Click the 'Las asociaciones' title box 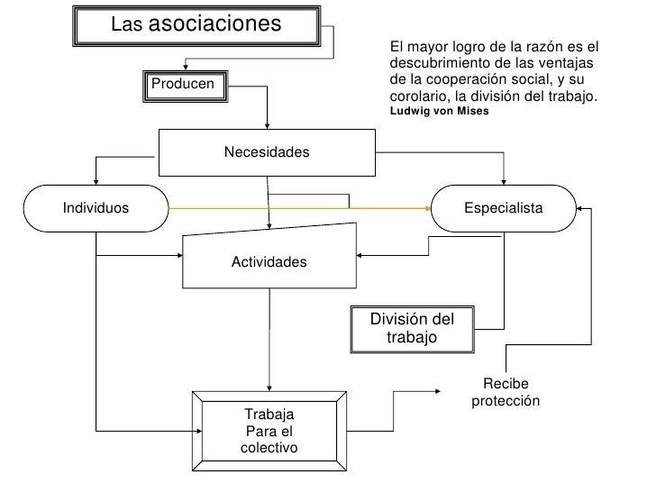[196, 24]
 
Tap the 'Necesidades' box [267, 151]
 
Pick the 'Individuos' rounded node [96, 208]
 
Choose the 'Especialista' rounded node [503, 208]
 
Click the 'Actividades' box [269, 261]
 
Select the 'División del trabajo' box [411, 328]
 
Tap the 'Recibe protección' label [506, 392]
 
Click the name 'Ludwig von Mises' [439, 113]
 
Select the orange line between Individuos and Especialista [297, 208]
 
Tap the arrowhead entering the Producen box [185, 65]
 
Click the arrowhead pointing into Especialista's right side [580, 209]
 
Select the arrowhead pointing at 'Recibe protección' [438, 391]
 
